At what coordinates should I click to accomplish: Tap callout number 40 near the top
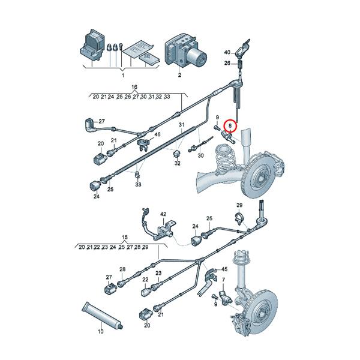point(227,53)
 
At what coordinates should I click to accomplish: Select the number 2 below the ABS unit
point(178,76)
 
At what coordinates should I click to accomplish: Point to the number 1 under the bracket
point(122,76)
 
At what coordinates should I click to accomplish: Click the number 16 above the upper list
point(134,87)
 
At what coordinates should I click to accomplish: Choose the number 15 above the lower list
point(125,238)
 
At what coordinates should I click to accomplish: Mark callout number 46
point(158,136)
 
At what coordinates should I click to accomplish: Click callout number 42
point(163,214)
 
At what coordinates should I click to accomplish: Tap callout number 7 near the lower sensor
point(223,280)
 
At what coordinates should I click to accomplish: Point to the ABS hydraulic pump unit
point(186,51)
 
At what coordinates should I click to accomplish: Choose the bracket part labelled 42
point(163,229)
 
